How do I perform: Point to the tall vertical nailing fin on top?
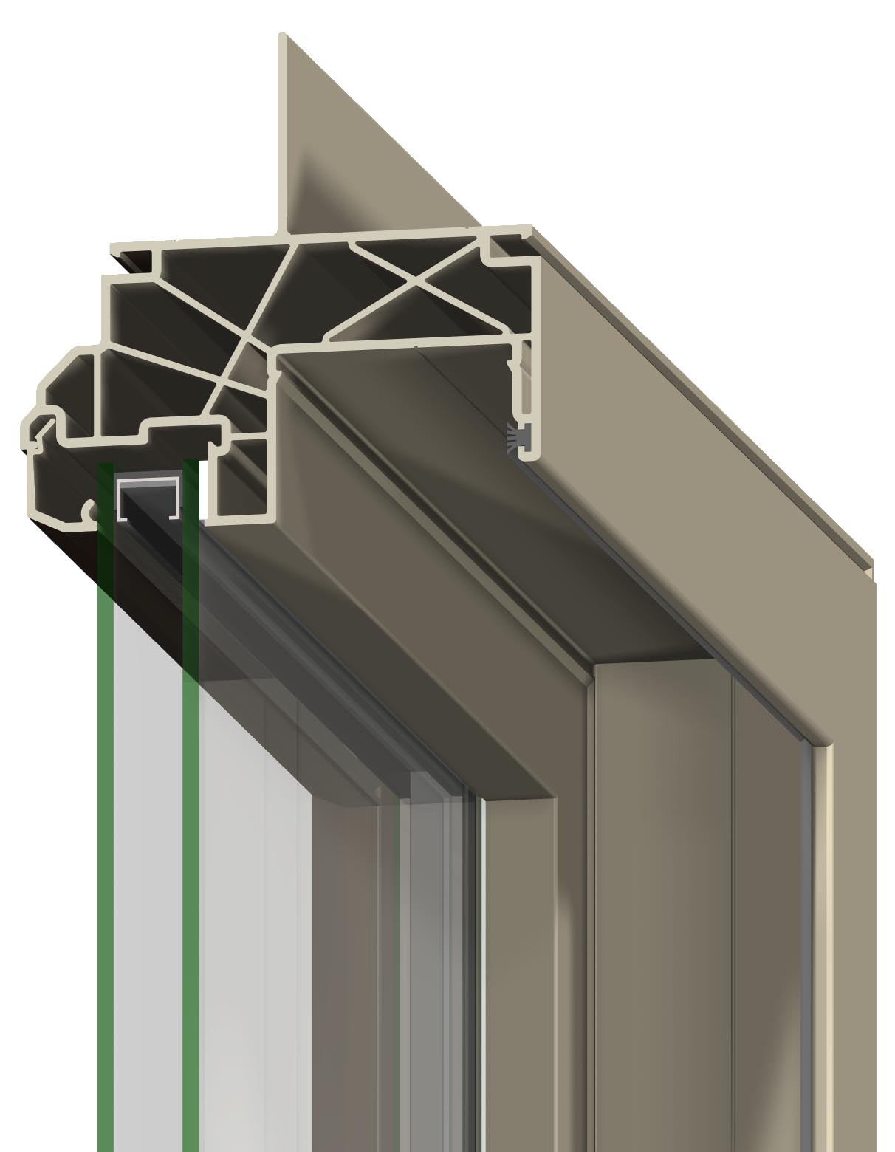coord(282,133)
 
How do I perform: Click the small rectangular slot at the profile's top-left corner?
coord(133,259)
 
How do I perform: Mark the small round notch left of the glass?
coord(90,510)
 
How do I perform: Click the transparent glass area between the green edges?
coord(148,812)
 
